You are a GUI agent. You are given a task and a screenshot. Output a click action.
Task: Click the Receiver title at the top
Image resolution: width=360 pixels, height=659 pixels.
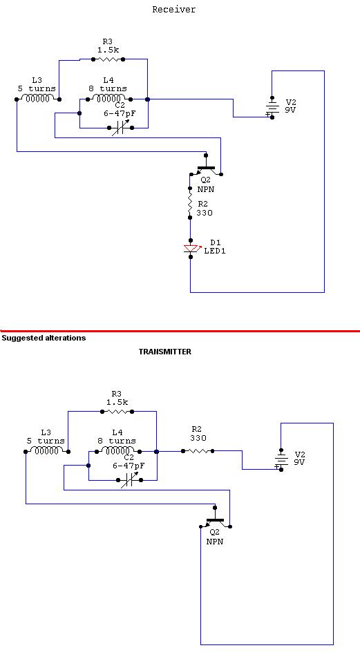(x=173, y=9)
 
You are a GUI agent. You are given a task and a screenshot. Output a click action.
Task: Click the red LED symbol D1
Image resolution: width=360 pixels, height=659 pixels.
(x=191, y=249)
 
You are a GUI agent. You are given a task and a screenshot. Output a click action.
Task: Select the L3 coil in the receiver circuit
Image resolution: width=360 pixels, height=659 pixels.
(x=38, y=99)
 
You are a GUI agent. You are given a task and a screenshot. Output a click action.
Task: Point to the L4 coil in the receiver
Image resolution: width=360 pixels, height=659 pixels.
(x=109, y=99)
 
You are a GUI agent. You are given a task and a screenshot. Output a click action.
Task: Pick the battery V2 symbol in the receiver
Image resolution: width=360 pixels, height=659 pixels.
(x=272, y=107)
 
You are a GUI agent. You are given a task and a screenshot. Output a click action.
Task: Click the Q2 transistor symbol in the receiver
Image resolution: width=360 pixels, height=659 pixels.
(x=206, y=167)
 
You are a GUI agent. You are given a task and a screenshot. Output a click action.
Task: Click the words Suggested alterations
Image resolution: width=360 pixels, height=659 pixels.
(x=44, y=338)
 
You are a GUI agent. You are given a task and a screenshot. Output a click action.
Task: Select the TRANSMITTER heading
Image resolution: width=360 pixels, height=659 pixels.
(x=165, y=352)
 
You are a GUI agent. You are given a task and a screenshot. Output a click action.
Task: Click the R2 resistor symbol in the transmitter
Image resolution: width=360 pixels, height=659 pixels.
(x=198, y=451)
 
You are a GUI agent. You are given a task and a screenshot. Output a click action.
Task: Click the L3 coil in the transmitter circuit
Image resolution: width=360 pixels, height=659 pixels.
(x=47, y=451)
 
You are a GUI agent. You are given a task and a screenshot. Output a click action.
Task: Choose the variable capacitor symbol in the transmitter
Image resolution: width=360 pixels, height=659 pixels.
(x=130, y=479)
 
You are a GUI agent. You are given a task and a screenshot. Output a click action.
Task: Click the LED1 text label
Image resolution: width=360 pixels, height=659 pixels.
(x=215, y=251)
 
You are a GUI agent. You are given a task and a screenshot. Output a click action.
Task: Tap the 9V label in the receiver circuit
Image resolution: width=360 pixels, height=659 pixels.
(x=290, y=111)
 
